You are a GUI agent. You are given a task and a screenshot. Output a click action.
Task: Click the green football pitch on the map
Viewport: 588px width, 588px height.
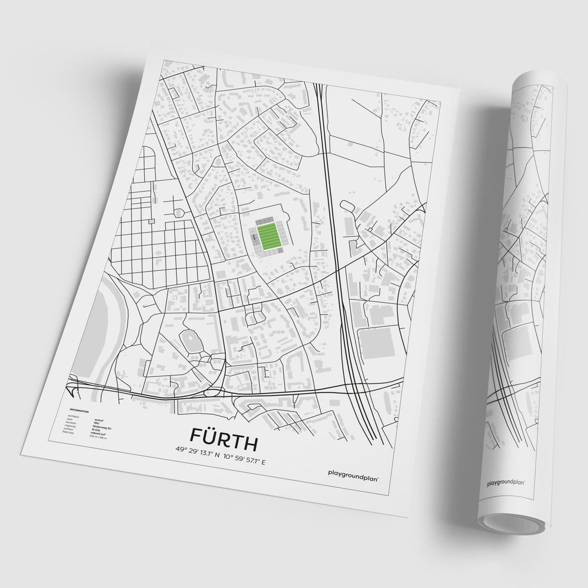click(268, 237)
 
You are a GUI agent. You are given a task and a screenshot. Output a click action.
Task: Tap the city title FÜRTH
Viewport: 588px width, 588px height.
click(224, 435)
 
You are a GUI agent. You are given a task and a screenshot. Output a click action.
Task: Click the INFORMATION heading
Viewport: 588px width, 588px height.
click(79, 411)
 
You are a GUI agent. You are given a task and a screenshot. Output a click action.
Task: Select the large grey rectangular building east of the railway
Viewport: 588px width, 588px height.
click(378, 341)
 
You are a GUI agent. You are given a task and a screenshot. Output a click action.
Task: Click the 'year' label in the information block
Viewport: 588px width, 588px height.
click(70, 419)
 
